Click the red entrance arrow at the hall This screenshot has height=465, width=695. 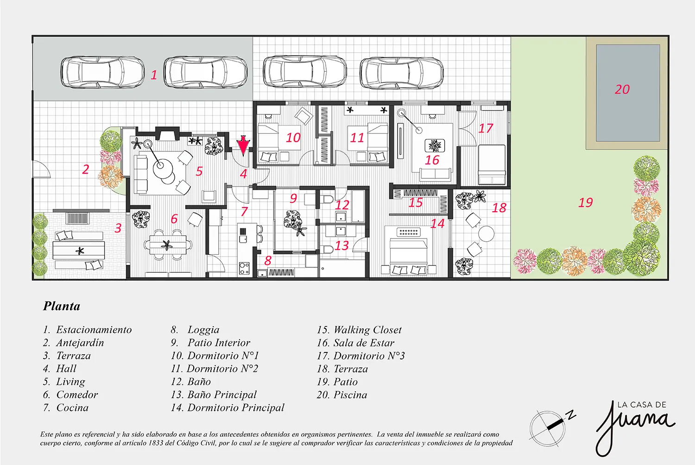point(243,145)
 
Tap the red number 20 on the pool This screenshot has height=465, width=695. point(622,89)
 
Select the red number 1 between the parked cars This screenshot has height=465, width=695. point(154,75)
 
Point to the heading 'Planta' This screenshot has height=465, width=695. point(62,306)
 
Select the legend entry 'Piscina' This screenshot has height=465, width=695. point(350,395)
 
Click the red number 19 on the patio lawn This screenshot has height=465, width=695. point(586,202)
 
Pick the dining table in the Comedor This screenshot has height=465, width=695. point(168,245)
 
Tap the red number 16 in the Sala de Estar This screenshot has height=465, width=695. point(432,160)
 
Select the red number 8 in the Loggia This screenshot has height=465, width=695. point(268,261)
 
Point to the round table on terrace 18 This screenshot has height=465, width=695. point(486,234)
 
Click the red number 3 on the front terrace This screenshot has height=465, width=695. point(118,228)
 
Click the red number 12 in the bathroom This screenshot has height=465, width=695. point(342,205)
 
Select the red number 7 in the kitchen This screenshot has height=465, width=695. point(244,211)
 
